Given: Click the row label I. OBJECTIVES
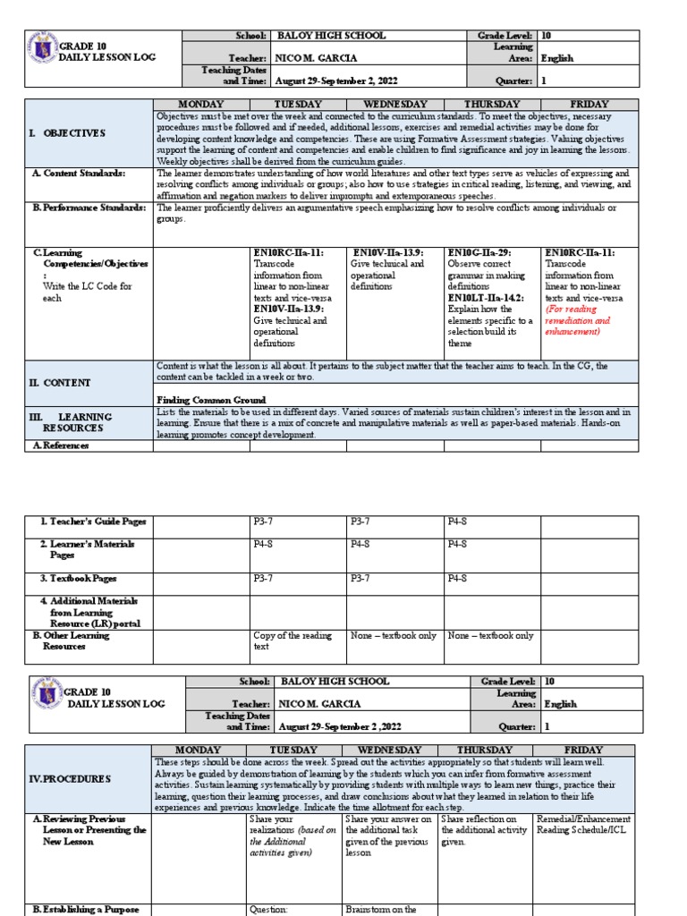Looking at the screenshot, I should [x=69, y=132].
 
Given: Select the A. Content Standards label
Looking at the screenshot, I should [x=79, y=173].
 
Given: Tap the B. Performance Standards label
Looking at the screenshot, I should [x=88, y=208].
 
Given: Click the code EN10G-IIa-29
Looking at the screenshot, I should [x=479, y=253].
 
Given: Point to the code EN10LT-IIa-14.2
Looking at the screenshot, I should [x=486, y=298].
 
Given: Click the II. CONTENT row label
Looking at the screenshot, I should [x=59, y=383].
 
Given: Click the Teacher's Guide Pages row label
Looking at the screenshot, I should [x=92, y=522].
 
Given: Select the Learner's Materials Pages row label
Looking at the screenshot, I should [x=86, y=549].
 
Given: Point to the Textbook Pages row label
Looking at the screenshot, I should [x=85, y=579].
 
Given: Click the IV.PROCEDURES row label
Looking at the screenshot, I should [x=71, y=778].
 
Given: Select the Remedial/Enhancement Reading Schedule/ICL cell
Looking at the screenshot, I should [x=582, y=825].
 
